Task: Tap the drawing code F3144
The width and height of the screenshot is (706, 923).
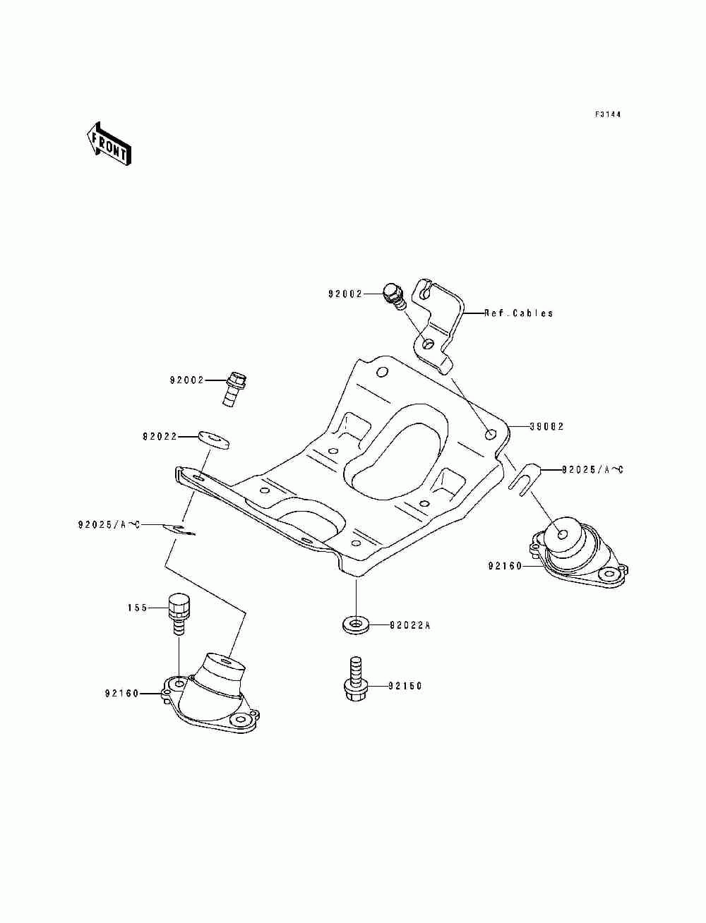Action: pos(608,114)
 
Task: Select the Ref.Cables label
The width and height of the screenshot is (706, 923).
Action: pos(518,313)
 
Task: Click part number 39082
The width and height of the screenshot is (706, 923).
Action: pos(546,426)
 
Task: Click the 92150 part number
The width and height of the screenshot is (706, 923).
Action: pos(405,686)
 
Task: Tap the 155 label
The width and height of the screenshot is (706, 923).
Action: pos(138,608)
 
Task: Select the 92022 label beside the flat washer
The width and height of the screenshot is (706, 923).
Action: pos(160,437)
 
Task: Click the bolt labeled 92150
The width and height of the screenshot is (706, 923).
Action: pos(357,680)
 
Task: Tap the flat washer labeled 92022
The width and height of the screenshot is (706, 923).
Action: pos(213,439)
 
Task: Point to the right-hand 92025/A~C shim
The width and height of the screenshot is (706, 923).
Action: pos(524,476)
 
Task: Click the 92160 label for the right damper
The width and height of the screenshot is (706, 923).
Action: pos(505,566)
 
